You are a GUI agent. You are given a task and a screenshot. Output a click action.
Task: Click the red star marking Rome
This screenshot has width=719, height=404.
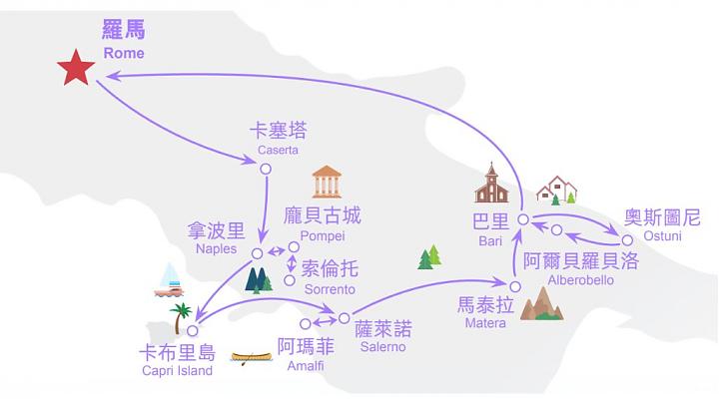point(76,68)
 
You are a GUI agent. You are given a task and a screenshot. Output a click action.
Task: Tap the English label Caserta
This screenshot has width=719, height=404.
point(278,150)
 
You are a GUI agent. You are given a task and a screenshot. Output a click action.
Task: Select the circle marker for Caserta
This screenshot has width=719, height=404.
point(266,169)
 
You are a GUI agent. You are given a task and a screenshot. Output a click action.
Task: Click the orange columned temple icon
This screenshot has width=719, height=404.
point(327,182)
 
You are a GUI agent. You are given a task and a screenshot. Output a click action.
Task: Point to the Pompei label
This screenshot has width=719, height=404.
point(323,235)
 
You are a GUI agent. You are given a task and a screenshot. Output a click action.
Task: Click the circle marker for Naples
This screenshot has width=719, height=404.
point(258,253)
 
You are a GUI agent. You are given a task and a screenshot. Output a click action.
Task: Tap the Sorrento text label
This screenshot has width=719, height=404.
point(330,289)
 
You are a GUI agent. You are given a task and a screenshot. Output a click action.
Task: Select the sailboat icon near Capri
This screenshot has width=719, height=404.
point(169,280)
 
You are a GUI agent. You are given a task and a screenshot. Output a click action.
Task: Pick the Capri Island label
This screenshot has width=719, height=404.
point(177,370)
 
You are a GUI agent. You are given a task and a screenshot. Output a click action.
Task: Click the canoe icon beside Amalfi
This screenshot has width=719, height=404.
point(252,358)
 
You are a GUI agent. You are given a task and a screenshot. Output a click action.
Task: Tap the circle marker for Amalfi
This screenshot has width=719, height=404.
point(306,324)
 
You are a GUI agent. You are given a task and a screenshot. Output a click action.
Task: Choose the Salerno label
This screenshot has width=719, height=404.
point(382,347)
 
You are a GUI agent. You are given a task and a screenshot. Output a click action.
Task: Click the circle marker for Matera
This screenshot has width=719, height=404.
point(515,286)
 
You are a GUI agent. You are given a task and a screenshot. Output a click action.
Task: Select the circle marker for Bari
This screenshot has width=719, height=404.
point(523,219)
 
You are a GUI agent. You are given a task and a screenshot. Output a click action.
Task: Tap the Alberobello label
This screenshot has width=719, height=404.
point(580,280)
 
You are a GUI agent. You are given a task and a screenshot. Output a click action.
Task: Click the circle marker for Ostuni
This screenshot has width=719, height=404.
point(627,240)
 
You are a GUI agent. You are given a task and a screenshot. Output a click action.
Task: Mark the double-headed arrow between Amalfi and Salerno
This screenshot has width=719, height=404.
point(325,321)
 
